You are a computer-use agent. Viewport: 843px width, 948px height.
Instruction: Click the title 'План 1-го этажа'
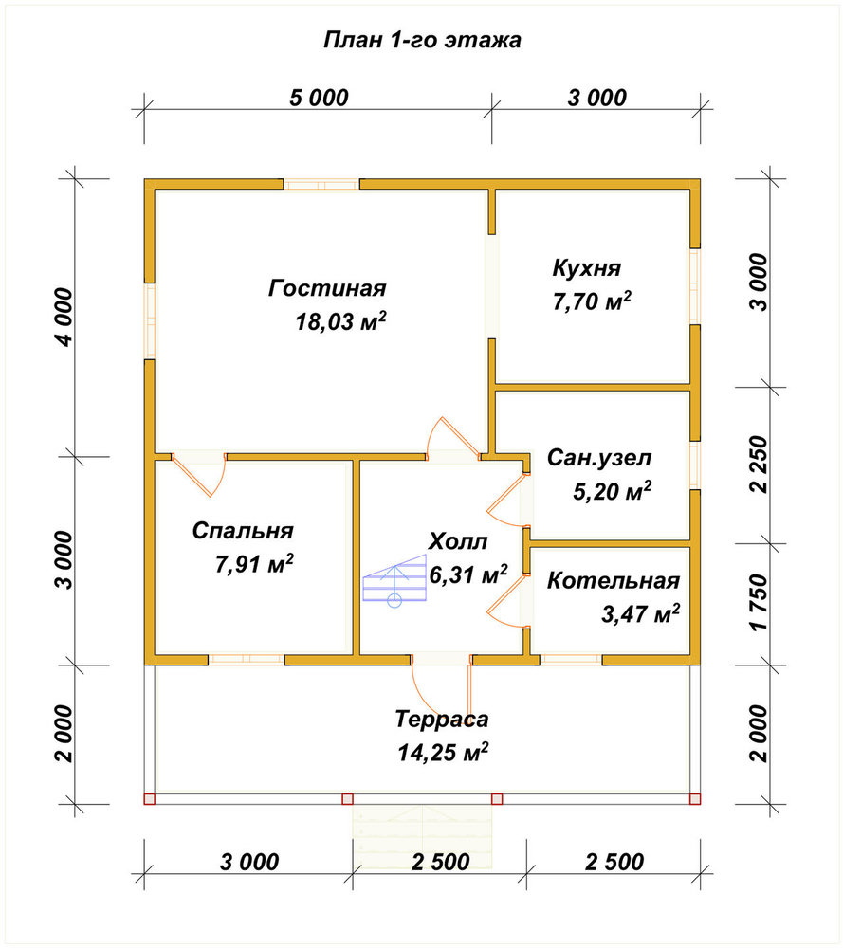coord(422,40)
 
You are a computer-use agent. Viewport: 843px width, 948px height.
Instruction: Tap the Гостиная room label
coord(327,288)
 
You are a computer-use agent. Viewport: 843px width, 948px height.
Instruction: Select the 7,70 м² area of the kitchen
coord(592,301)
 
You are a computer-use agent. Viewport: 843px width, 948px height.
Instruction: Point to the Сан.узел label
coord(599,458)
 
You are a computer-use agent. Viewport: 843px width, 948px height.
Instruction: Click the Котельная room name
coord(614,580)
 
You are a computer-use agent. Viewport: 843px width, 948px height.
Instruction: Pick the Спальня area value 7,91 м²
coord(254,563)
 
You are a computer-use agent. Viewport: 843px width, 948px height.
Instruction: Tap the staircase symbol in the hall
coord(394,580)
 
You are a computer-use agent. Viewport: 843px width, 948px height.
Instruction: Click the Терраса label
coord(442,719)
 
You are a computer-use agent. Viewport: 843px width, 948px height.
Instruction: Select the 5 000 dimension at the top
coord(319,98)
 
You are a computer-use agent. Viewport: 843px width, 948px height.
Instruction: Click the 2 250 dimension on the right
coord(759,465)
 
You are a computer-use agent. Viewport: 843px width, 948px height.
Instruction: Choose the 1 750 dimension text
coord(759,603)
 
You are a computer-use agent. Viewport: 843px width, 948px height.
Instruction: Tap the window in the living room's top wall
coord(321,185)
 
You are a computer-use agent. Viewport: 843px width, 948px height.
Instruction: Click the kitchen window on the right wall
coord(695,286)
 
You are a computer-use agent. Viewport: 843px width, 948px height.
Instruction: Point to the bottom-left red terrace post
coord(150,798)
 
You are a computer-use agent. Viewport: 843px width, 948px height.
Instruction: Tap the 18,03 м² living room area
coord(340,321)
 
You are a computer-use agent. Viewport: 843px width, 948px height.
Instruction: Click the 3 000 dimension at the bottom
coord(249,862)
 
